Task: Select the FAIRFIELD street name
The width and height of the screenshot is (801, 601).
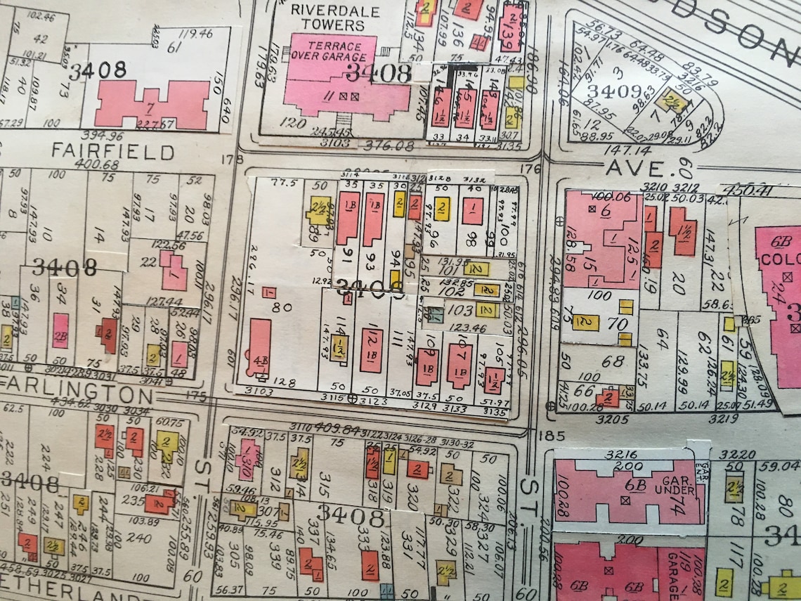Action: click(x=112, y=151)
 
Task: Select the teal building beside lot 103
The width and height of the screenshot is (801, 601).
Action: click(x=436, y=314)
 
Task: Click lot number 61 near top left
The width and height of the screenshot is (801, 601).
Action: click(x=174, y=46)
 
